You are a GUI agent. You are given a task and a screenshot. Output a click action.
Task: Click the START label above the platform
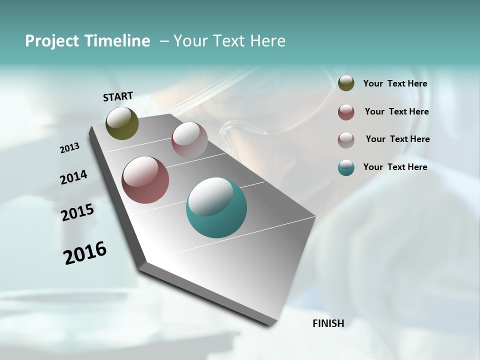coord(118,96)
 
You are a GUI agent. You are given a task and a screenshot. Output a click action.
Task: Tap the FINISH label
coord(328,323)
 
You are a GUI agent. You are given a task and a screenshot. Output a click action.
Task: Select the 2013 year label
coord(69,148)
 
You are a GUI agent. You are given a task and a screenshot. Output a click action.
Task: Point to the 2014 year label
coord(73,177)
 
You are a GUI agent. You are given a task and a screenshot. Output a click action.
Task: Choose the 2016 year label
coord(85,253)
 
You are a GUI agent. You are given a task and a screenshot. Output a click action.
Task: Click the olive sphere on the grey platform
coord(122,123)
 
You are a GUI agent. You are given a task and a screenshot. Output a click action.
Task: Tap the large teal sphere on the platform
coord(216,207)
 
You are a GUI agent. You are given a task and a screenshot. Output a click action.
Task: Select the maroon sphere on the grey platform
coord(145,180)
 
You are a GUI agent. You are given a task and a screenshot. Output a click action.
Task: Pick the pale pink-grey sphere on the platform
coord(189,139)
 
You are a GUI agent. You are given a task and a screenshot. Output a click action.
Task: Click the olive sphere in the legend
coord(346,83)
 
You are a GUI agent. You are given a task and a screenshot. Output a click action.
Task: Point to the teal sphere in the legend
coord(346,167)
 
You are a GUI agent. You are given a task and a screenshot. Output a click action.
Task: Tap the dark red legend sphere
coord(346,112)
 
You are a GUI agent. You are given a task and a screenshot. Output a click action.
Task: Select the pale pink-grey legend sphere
coord(346,140)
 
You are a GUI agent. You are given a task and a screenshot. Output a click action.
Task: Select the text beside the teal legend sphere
coord(395,167)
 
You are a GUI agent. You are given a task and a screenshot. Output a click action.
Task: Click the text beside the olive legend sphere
coord(395,83)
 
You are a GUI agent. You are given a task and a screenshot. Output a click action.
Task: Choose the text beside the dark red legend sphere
coord(396,111)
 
